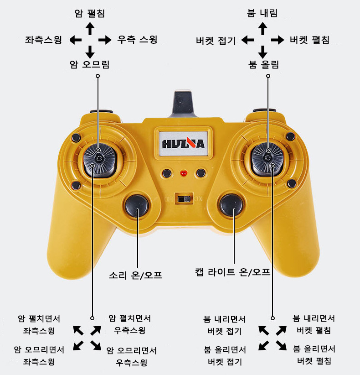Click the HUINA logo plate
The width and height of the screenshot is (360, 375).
(x=183, y=143)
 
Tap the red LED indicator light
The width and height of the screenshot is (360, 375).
(x=184, y=172)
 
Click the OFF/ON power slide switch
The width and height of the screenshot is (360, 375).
(x=184, y=199)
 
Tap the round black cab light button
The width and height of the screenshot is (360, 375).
(x=231, y=205)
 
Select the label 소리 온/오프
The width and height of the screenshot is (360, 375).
(x=135, y=275)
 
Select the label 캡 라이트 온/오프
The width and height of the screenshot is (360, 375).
(x=232, y=272)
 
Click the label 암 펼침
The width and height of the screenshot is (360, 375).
(x=90, y=13)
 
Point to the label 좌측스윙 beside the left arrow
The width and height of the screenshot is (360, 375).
(x=43, y=40)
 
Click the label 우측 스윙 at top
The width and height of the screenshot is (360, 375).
(x=137, y=39)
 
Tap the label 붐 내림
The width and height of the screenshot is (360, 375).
(x=262, y=13)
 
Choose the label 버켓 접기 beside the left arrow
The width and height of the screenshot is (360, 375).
(x=216, y=41)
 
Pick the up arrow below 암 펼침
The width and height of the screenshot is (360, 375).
(x=90, y=29)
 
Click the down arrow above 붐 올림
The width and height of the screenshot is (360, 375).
(x=262, y=52)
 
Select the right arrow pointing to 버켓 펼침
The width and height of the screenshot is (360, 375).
(x=278, y=40)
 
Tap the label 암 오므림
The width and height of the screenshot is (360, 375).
(x=89, y=64)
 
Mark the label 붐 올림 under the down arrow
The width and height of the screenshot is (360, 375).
(x=263, y=64)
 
